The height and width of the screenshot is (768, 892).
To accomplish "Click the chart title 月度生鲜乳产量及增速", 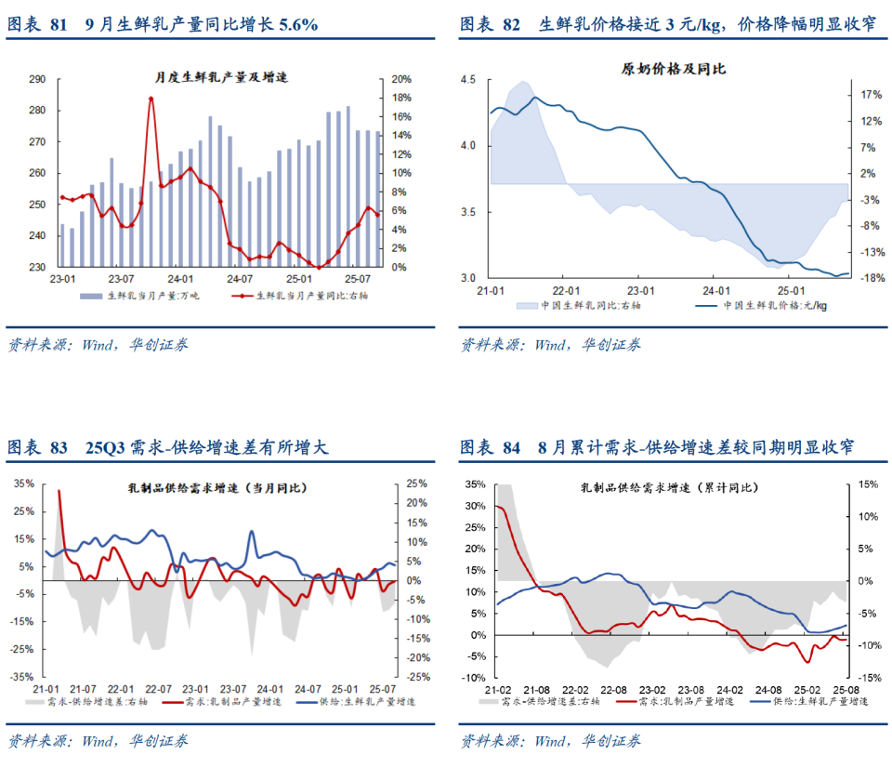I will [x=221, y=76].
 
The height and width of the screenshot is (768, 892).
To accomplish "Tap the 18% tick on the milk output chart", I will [x=401, y=98].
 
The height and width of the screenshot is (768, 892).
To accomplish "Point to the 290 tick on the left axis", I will [x=38, y=80].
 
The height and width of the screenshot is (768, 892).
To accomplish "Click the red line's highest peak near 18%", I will [x=151, y=98].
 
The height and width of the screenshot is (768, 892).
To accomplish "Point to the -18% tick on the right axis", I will [x=872, y=278].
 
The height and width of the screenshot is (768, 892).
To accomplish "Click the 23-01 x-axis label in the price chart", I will [x=640, y=290].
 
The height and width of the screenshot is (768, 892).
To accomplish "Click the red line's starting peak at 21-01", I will [x=59, y=491].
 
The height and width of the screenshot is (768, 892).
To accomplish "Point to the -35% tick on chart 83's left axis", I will [x=24, y=678].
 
